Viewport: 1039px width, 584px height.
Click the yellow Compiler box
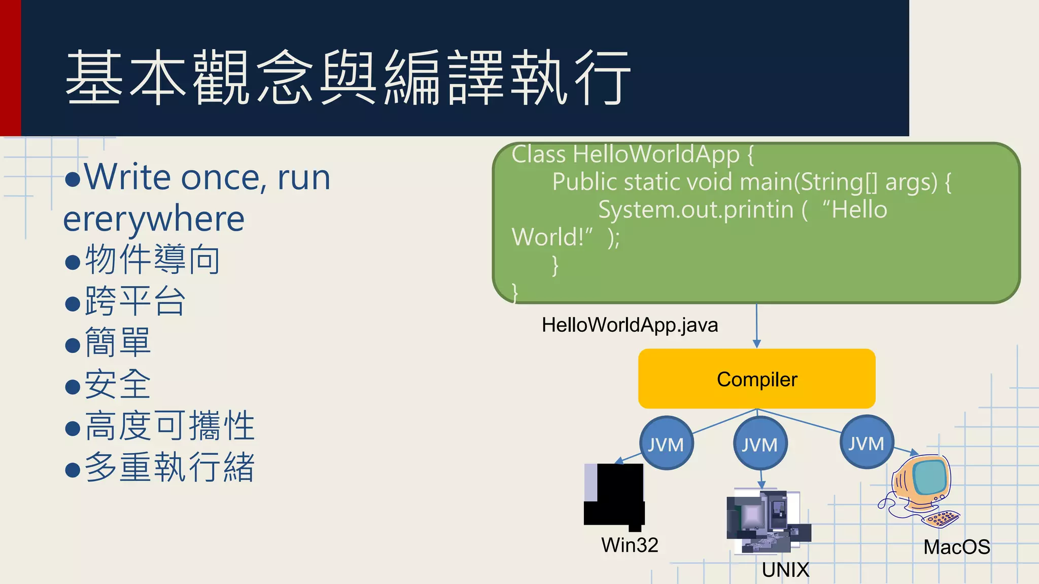coord(756,379)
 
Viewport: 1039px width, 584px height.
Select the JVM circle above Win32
coord(666,444)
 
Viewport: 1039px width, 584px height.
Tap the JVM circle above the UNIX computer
coord(760,444)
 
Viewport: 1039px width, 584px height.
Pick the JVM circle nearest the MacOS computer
coord(867,443)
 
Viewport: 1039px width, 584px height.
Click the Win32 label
coord(630,545)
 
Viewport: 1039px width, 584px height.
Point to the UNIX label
coord(785,570)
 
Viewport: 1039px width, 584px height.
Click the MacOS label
coord(956,547)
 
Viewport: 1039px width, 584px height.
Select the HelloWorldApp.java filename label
coord(630,325)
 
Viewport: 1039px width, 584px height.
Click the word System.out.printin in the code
coord(696,210)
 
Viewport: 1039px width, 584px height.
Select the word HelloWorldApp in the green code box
coord(656,154)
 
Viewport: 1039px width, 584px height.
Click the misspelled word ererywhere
coord(154,219)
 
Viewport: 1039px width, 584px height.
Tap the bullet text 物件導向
coord(152,260)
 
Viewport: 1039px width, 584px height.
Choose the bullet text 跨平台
coord(135,301)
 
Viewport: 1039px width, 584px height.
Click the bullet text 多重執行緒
coord(169,467)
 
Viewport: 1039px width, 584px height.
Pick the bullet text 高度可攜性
coord(169,426)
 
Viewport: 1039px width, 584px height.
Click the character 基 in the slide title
coord(94,77)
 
